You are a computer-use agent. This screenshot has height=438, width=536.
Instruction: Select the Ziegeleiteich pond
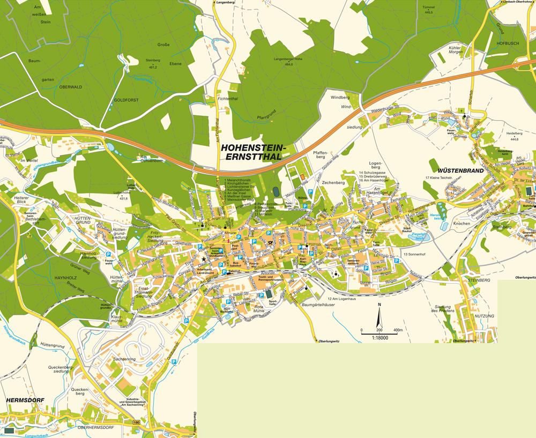pos(419,235)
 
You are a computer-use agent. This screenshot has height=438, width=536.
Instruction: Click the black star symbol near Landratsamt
pos(204,259)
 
